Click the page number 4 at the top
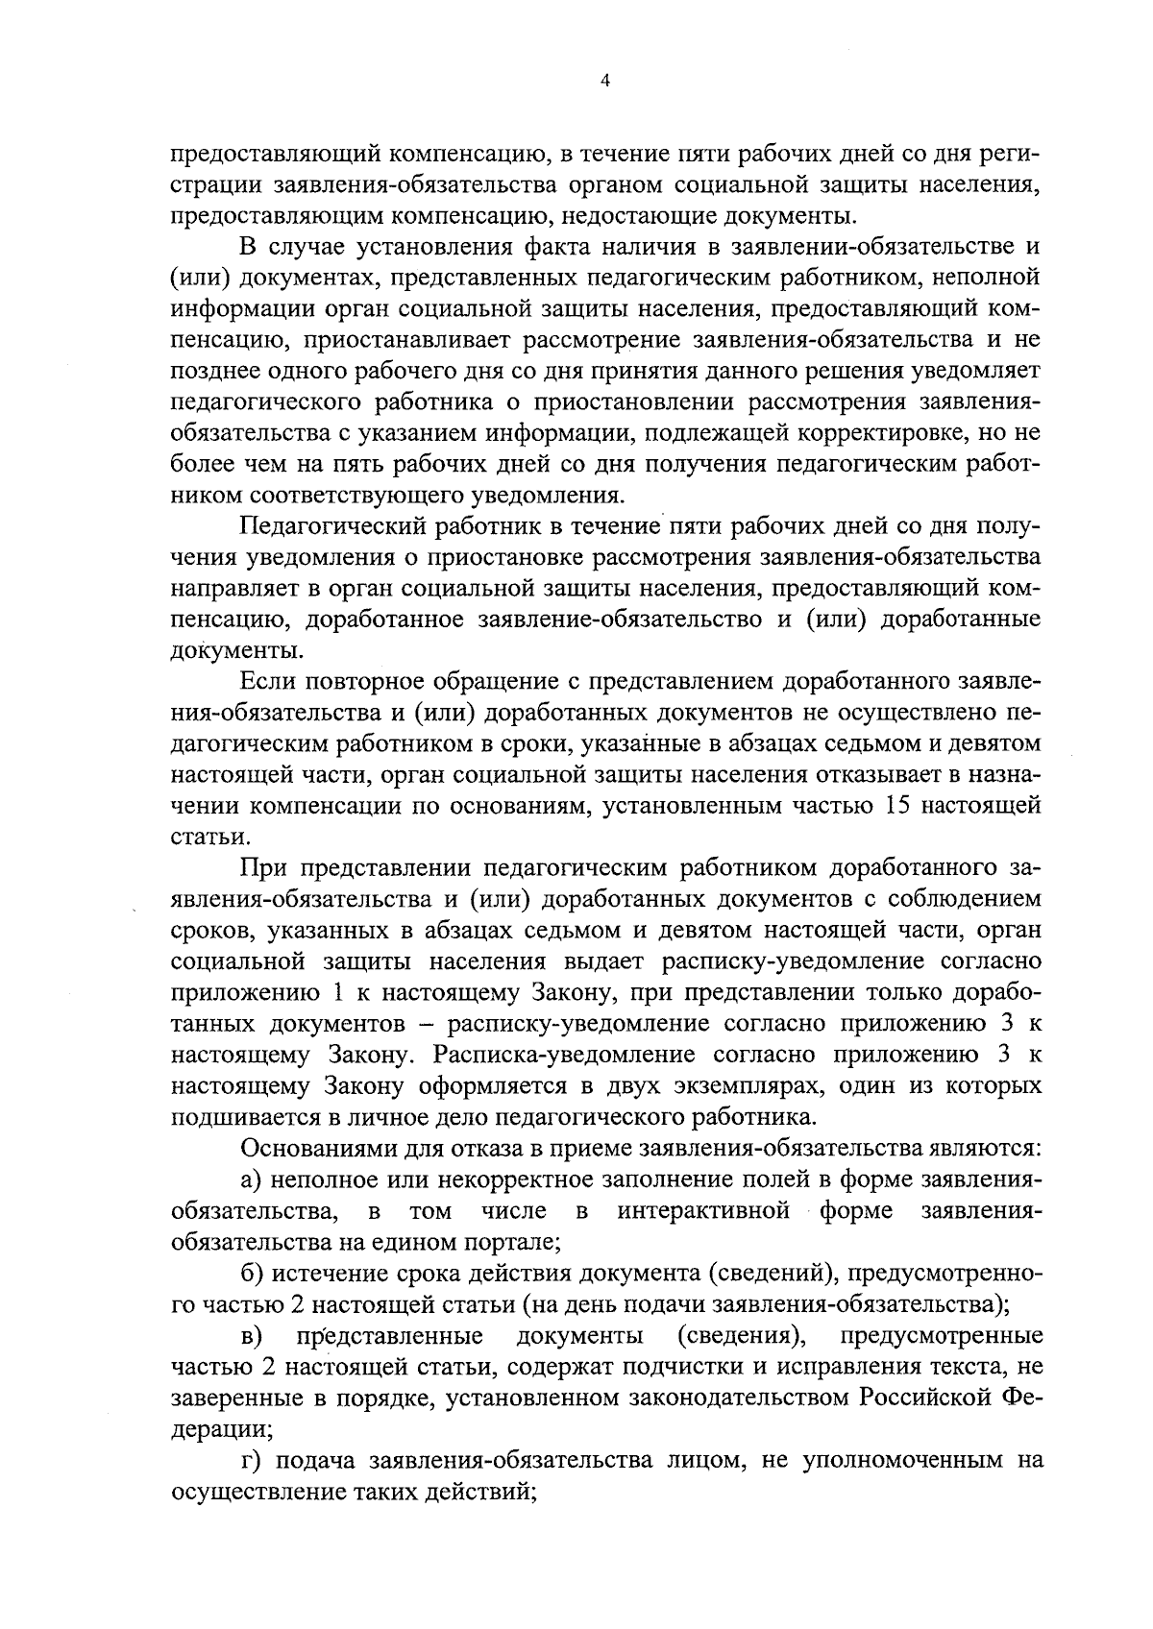pos(604,82)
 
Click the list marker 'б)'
pos(253,1274)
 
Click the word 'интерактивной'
pos(703,1210)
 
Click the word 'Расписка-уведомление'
pos(563,1055)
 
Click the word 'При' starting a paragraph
pos(264,868)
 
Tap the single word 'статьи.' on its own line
pos(204,837)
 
